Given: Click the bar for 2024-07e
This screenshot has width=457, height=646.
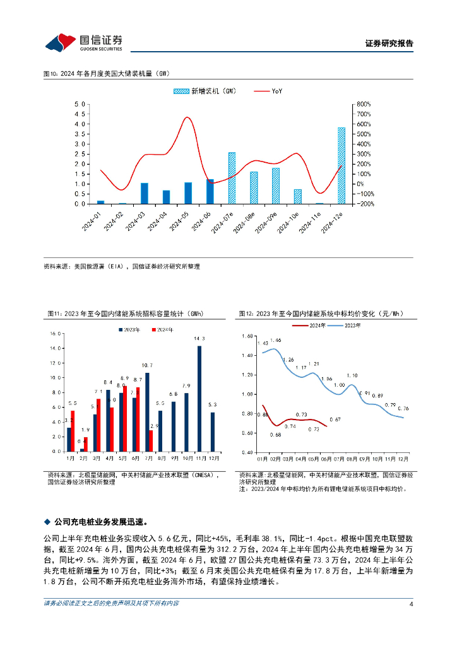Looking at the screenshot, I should pos(232,178).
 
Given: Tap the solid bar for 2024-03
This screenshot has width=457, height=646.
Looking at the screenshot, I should pos(145,193).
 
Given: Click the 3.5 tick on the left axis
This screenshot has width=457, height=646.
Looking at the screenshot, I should pos(80,134).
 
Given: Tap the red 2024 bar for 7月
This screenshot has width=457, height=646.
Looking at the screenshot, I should pos(151,440).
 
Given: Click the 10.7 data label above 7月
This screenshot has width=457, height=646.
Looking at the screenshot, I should pos(147,365).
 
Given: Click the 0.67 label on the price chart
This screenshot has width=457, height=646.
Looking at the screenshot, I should pos(336,420).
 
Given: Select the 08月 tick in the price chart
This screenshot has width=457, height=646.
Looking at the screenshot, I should pos(352,459).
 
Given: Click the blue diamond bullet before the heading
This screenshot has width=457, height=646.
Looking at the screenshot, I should pos(46,522).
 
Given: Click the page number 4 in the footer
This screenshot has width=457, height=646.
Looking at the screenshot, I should pos(411,604).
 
